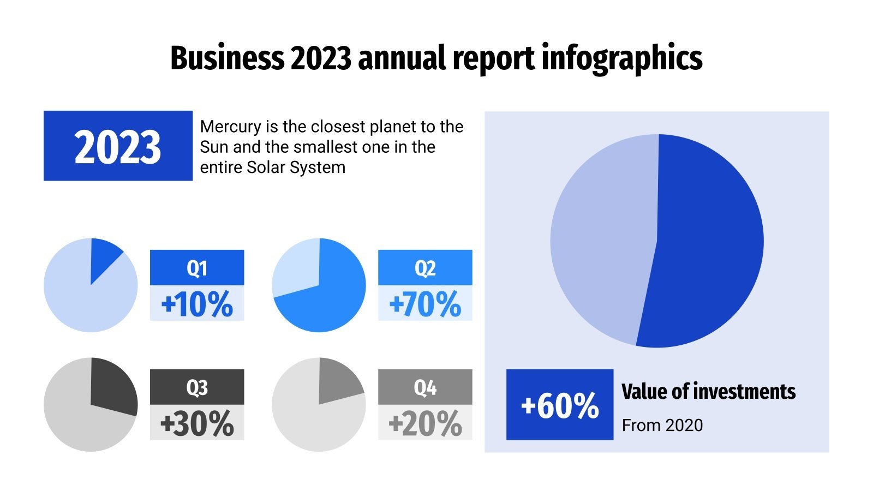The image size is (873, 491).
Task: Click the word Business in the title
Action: click(226, 58)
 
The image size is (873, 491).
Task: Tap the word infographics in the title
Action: click(621, 58)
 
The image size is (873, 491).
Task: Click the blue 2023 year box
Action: click(118, 146)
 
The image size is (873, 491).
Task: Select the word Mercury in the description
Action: click(230, 127)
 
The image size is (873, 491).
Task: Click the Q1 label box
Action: click(197, 268)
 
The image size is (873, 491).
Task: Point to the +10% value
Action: click(197, 304)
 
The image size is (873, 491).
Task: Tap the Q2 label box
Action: click(425, 268)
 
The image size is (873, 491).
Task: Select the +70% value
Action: click(425, 304)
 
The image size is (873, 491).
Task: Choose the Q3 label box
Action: click(197, 387)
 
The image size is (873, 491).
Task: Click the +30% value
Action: click(197, 423)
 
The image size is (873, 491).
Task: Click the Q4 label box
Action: click(425, 387)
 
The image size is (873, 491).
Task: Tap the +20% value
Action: click(425, 423)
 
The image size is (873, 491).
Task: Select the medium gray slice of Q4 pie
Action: click(337, 380)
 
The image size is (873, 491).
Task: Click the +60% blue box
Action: click(560, 405)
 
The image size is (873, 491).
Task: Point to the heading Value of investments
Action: click(708, 392)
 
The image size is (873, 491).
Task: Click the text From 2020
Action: click(662, 425)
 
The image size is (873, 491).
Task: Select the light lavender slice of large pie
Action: click(600, 240)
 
